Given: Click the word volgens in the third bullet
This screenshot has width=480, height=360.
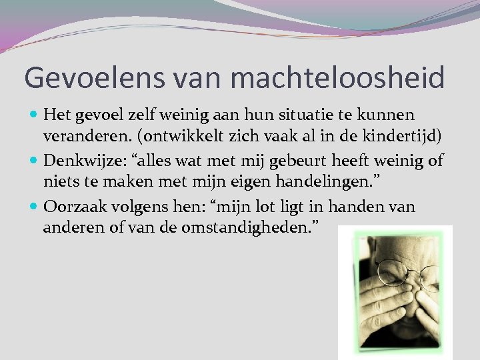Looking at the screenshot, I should [135, 207].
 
